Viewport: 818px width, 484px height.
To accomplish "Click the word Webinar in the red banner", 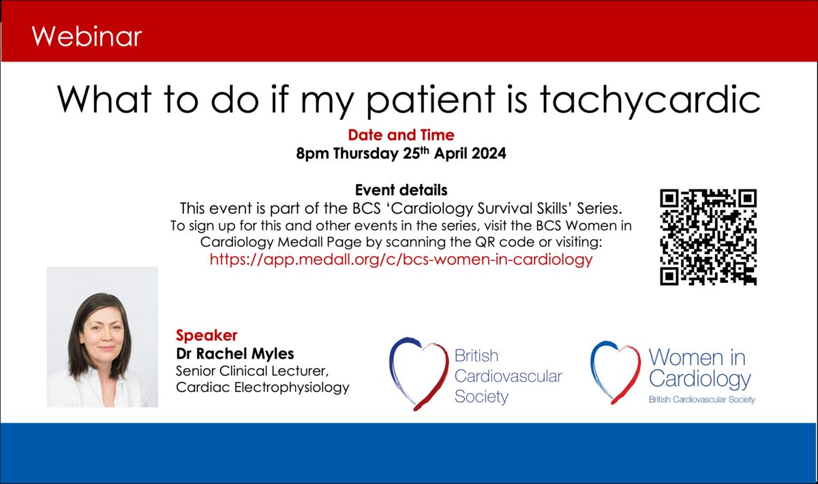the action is (87, 37).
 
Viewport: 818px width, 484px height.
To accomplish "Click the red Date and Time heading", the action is (401, 135).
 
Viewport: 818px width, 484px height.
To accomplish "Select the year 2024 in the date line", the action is (489, 153).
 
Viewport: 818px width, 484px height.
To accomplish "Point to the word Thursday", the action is (365, 153).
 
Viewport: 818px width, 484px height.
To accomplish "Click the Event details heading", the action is (401, 190).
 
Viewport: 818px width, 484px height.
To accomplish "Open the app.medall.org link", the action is (401, 260).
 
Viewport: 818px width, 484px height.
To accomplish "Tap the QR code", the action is (708, 237).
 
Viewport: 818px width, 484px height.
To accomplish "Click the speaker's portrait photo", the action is (102, 337).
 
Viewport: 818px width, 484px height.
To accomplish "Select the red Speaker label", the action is (207, 335).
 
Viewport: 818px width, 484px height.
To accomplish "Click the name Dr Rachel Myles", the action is (234, 354).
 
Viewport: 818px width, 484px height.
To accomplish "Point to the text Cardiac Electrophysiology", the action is (262, 387).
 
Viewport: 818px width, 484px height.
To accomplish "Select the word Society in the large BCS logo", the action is (481, 397).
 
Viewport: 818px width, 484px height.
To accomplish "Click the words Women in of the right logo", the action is (697, 357).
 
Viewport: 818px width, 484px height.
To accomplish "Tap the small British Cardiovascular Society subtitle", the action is (701, 399).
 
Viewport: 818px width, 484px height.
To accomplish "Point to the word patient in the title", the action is (430, 101).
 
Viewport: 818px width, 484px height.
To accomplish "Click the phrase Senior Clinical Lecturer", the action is (252, 371).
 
